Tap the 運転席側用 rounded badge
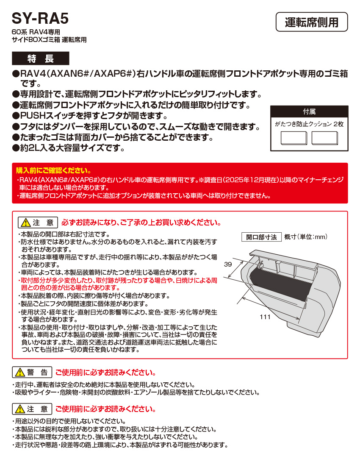coord(311,22)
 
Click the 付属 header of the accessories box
coord(309,112)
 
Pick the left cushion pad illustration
coord(294,139)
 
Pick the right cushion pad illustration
coord(324,139)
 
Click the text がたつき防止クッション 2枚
coord(309,124)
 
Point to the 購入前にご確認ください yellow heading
coord(53,171)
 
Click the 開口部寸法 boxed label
coord(261,237)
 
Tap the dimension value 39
coord(228,264)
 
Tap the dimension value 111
coord(265,316)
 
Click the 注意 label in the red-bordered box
coord(38,223)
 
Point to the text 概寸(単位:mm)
coord(305,237)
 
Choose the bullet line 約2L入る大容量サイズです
coord(68,148)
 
